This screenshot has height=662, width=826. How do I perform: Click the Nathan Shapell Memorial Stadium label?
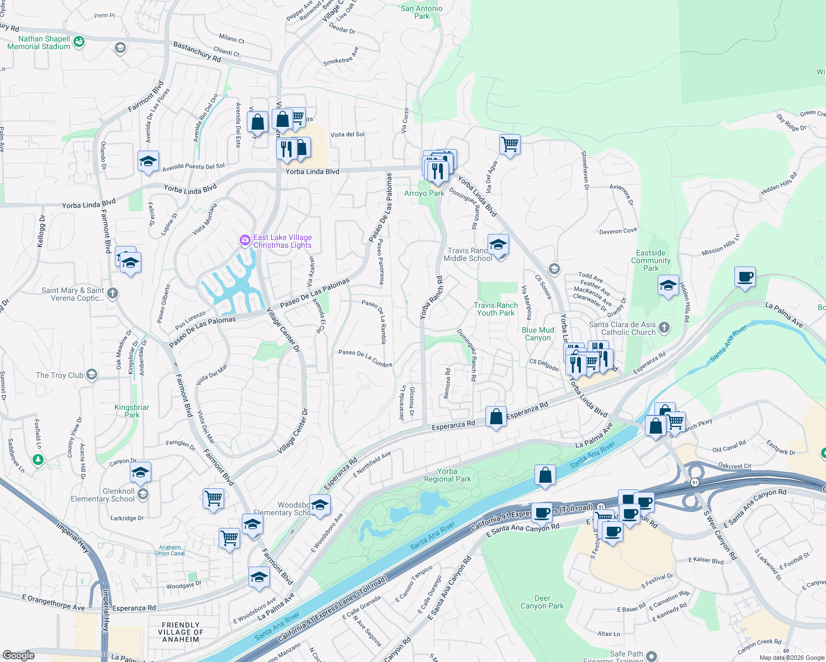(x=39, y=42)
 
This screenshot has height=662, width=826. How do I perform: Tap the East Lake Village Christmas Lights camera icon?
(x=245, y=241)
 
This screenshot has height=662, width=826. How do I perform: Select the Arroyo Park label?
(x=424, y=193)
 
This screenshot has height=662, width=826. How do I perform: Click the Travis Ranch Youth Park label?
(x=496, y=309)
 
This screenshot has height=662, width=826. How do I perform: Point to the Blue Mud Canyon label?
(x=538, y=334)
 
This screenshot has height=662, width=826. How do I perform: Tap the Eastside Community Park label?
(x=650, y=260)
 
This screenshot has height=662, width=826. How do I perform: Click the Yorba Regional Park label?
(x=447, y=475)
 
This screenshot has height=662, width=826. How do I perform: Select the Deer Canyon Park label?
(x=542, y=602)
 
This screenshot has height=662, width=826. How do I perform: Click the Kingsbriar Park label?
(x=131, y=411)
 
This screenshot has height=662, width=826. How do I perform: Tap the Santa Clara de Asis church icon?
(x=664, y=328)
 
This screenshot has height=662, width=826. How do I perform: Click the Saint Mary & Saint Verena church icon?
(x=113, y=293)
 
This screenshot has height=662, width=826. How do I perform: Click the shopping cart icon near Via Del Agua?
(x=510, y=145)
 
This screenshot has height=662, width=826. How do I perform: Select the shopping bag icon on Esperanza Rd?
(x=496, y=417)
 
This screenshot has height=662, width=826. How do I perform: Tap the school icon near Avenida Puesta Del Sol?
(x=148, y=162)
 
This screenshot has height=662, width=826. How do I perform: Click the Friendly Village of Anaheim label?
(x=181, y=632)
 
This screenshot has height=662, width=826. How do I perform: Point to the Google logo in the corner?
(x=19, y=655)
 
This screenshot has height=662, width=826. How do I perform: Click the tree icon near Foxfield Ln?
(x=38, y=459)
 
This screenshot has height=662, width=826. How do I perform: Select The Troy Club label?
(x=60, y=375)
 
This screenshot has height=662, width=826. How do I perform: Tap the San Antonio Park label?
(x=421, y=12)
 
